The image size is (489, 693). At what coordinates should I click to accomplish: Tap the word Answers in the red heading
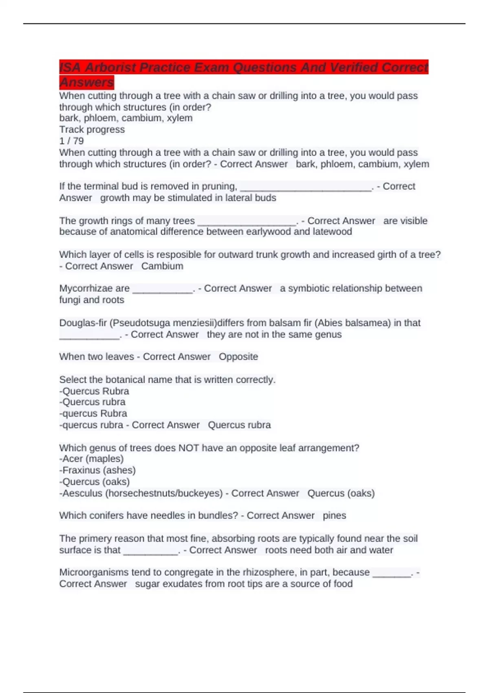click(x=86, y=82)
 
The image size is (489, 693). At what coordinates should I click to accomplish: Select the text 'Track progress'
click(x=92, y=130)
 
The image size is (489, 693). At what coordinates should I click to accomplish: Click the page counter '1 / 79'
click(x=72, y=141)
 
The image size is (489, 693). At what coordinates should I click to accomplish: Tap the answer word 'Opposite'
click(x=238, y=357)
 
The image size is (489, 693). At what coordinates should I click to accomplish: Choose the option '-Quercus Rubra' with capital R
click(x=94, y=391)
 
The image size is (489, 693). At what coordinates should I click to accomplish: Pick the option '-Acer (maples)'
click(x=91, y=459)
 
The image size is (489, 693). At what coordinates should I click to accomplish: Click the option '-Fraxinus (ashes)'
click(x=97, y=470)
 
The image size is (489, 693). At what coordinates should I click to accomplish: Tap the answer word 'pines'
click(x=334, y=516)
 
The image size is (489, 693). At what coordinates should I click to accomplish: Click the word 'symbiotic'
click(x=314, y=288)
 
